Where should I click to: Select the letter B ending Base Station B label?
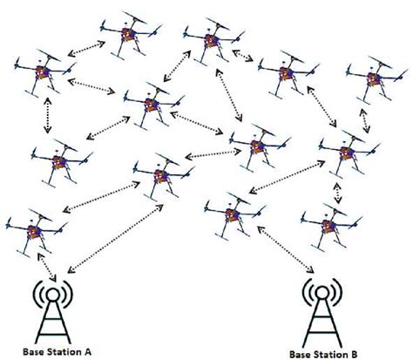coord(355,355)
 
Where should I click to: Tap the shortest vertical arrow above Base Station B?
coord(337,189)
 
